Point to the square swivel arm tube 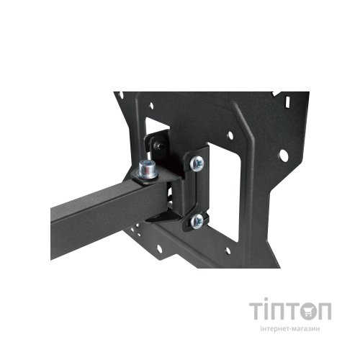[x=94, y=209]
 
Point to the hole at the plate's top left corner [x=122, y=94]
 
